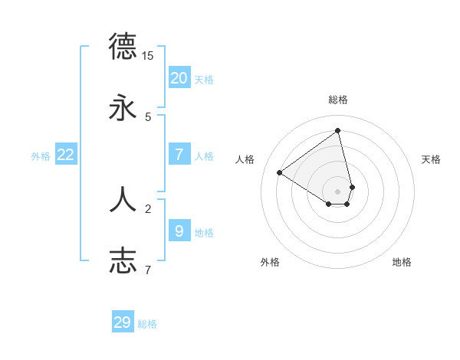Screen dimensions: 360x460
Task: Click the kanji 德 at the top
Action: coord(123,46)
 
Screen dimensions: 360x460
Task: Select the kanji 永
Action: coord(123,108)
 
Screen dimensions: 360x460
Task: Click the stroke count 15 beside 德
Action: coord(148,55)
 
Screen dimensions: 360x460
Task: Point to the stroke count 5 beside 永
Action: coord(148,116)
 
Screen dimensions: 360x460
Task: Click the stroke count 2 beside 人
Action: coord(148,208)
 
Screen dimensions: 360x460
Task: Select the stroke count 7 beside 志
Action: coord(148,270)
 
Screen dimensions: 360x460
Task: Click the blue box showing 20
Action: coord(179,78)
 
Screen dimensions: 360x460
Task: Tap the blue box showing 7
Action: coord(179,155)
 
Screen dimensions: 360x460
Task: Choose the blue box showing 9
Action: coord(179,231)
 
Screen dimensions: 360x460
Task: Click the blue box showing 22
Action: coord(65,155)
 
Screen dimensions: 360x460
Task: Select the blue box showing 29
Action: coord(123,322)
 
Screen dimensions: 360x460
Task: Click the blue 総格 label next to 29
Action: coord(147,324)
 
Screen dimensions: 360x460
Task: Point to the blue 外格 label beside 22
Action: coord(41,156)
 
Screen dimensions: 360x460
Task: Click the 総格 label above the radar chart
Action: coord(338,100)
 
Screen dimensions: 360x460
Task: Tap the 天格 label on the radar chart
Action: coord(432,159)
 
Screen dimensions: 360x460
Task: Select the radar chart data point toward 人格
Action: coord(280,172)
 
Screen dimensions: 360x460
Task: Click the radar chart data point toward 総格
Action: coord(338,131)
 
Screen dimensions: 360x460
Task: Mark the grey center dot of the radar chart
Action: coord(338,191)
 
